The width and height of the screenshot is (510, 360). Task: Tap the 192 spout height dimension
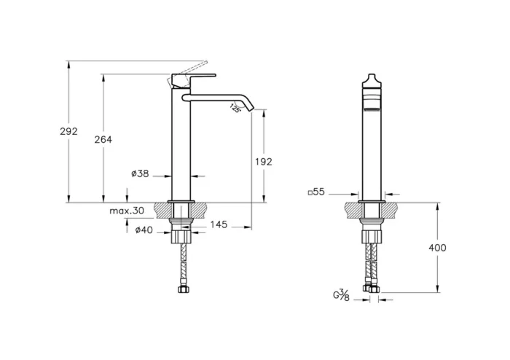click(x=264, y=162)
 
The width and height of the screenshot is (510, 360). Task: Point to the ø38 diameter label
click(x=140, y=173)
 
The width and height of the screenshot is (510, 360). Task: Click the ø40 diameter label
click(x=144, y=231)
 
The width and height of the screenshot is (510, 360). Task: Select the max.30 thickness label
click(x=127, y=211)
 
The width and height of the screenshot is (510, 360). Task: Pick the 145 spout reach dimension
click(x=219, y=224)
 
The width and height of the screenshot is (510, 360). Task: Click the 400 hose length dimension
click(x=437, y=248)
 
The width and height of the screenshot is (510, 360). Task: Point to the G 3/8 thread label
click(x=342, y=295)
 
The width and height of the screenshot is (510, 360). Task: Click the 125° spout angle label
click(x=235, y=109)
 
